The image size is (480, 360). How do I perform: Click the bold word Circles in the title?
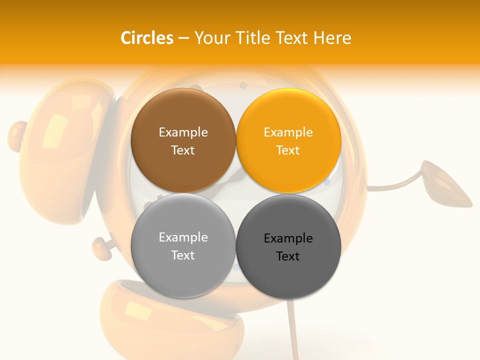(147, 38)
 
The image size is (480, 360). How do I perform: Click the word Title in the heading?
(255, 38)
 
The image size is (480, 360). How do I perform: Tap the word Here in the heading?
(332, 38)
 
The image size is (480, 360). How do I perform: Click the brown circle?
(183, 140)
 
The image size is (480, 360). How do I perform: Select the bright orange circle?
(288, 140)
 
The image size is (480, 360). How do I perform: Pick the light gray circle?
(183, 245)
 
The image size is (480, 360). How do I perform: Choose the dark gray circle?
(288, 246)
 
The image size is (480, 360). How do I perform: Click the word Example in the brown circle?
(183, 132)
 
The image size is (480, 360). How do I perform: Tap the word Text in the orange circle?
(288, 150)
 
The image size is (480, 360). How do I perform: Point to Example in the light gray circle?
(183, 237)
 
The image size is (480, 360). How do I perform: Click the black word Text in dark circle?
(288, 256)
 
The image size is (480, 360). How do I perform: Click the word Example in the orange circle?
(288, 132)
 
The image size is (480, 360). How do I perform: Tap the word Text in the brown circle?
(183, 150)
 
